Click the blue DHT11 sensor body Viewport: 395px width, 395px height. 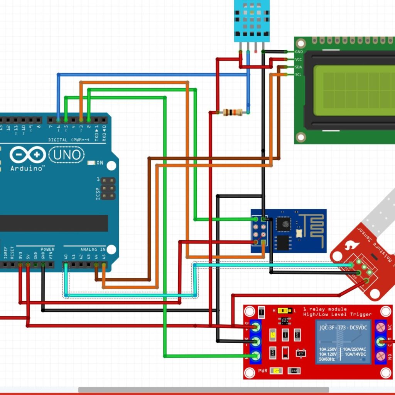point(252,19)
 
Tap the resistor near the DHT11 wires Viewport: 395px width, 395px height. point(233,112)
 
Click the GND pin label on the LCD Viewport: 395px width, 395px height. point(299,52)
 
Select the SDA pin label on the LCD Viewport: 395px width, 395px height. point(298,67)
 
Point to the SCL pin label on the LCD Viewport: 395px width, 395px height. point(298,74)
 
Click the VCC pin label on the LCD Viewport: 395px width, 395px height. point(298,59)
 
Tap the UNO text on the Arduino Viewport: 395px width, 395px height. point(66,155)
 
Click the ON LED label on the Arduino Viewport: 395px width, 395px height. point(100,163)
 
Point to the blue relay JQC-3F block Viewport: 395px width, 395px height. point(343,342)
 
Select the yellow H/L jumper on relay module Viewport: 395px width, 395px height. point(284,310)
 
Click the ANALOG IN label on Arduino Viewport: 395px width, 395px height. point(93,250)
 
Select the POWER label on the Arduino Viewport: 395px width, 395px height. point(47,250)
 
